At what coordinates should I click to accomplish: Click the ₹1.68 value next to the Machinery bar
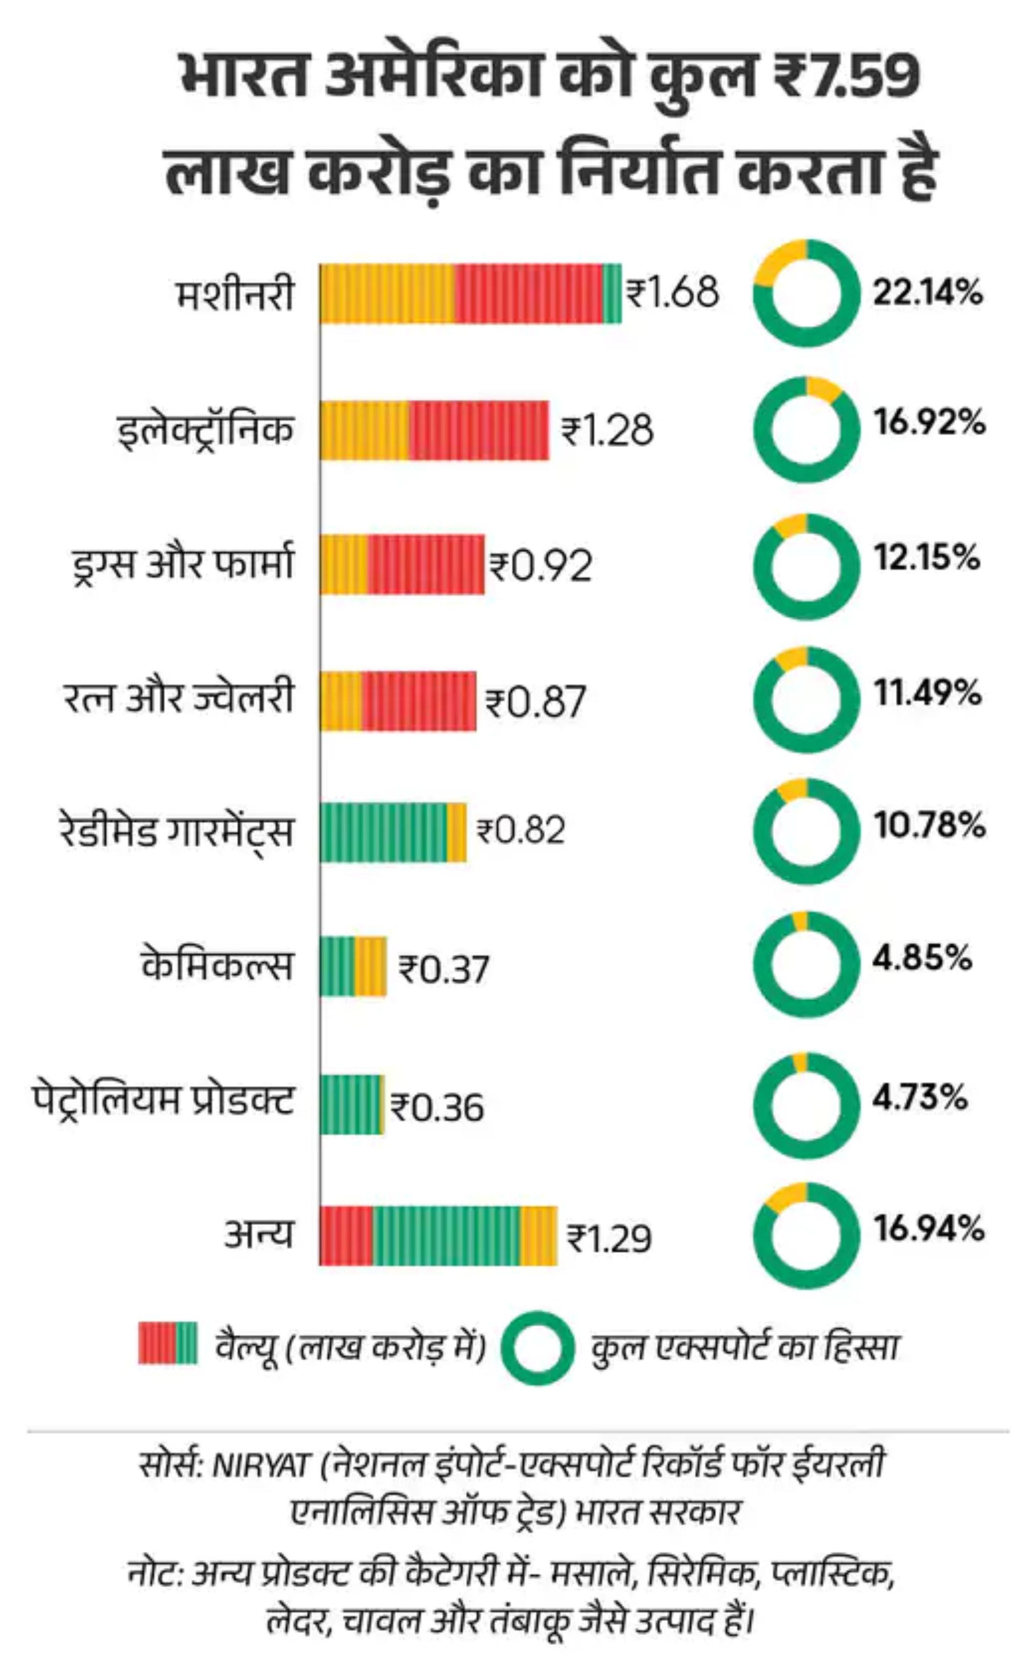pos(672,293)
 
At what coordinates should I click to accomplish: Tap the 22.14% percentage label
pos(927,293)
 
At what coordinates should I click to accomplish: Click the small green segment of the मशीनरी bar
pos(612,293)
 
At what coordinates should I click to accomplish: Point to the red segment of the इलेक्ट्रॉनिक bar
pos(478,430)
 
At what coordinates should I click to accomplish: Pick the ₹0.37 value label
pos(444,969)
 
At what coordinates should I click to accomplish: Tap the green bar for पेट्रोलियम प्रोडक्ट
pos(350,1104)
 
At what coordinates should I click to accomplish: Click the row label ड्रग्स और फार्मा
pos(183,564)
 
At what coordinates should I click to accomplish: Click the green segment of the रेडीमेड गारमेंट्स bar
pos(383,833)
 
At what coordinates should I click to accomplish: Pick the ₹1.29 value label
pos(609,1238)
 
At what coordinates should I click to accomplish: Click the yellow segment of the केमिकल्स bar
pos(371,966)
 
